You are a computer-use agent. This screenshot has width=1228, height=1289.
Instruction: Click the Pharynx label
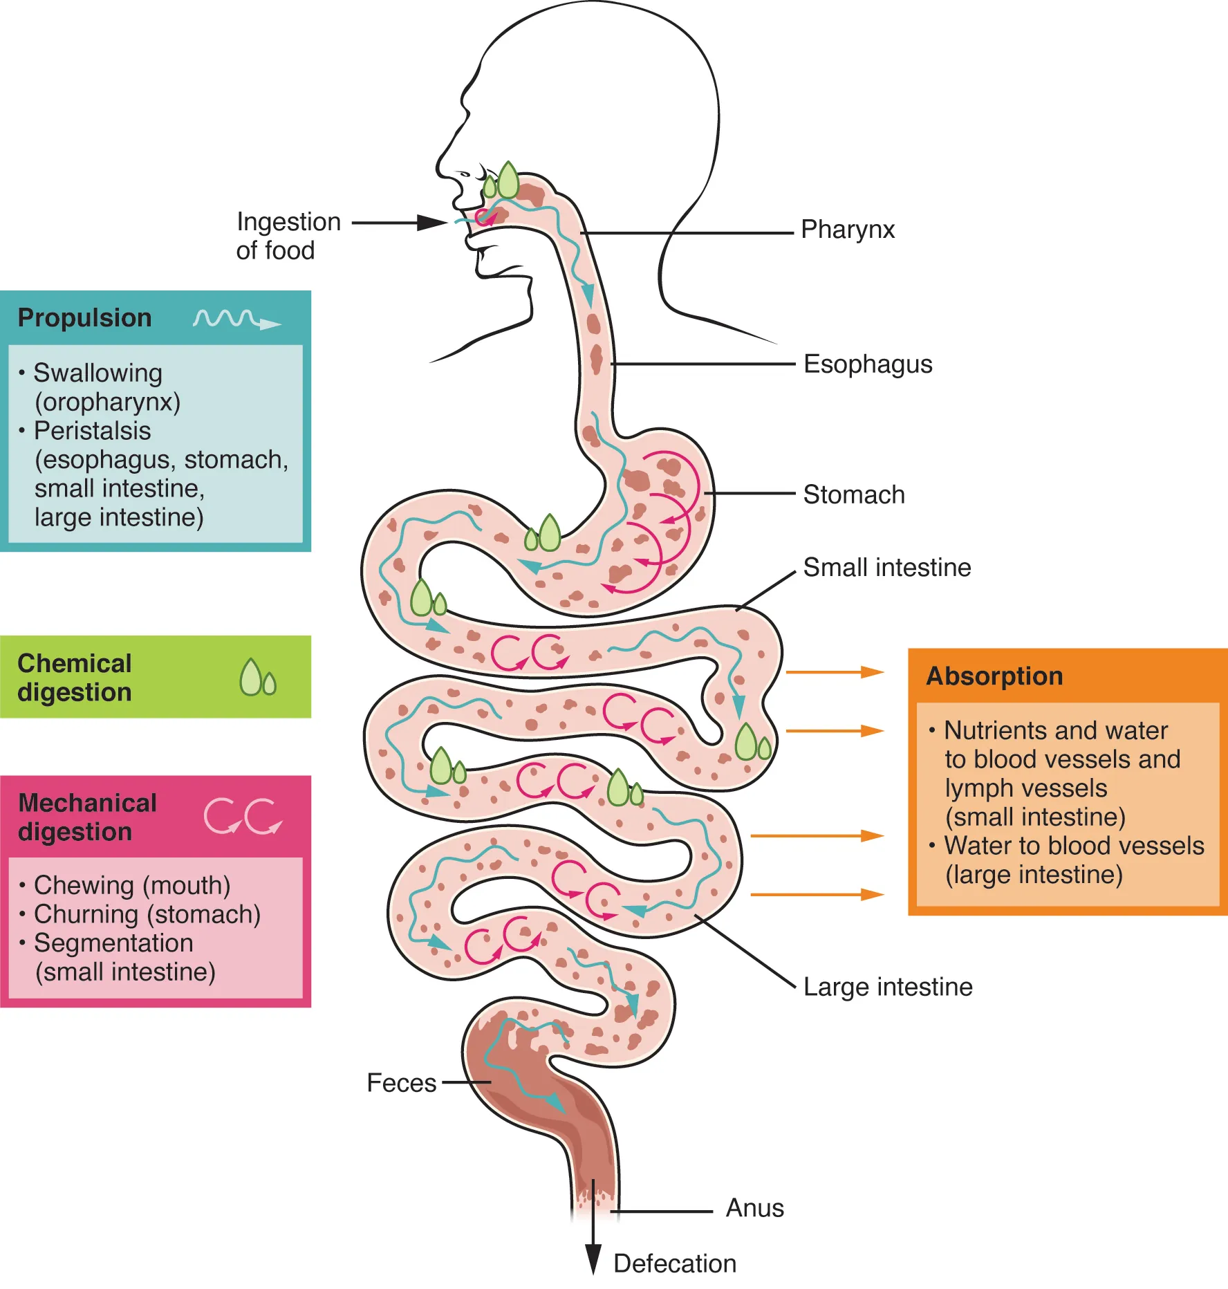(x=847, y=230)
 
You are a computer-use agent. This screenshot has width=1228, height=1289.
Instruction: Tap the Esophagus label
(x=867, y=364)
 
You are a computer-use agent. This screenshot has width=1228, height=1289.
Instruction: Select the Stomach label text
(x=853, y=495)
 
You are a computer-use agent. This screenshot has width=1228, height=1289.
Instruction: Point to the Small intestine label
(x=886, y=568)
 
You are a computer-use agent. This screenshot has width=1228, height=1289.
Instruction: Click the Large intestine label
(x=887, y=987)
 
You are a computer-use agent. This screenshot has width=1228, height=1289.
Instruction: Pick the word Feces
(x=401, y=1083)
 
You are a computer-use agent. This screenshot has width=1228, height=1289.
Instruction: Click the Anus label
(x=754, y=1208)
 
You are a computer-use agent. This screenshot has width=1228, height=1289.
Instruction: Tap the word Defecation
(x=674, y=1263)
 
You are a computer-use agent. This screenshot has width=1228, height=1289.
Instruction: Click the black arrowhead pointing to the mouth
(x=432, y=223)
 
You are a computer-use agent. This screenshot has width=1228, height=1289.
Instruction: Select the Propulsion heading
(x=84, y=318)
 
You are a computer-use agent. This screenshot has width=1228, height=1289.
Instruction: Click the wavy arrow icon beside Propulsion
(x=236, y=319)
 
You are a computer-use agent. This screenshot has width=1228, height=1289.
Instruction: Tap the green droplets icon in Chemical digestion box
(x=257, y=677)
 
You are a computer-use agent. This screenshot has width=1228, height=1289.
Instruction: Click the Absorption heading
(x=994, y=676)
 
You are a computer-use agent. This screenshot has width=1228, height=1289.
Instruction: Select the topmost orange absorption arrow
(x=835, y=671)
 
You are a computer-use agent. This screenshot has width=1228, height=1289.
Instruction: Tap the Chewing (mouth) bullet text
(x=131, y=885)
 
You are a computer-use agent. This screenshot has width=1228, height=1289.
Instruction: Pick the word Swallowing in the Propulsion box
(x=97, y=373)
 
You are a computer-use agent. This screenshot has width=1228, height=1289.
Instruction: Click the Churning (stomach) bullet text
(x=147, y=914)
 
